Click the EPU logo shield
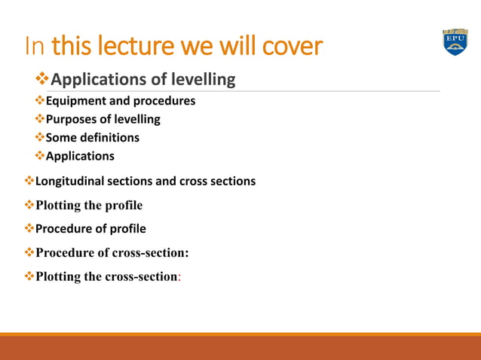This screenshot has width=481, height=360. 455,43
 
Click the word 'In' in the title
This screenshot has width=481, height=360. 35,47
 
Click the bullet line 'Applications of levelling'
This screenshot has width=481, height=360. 143,79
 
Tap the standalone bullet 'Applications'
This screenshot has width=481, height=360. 80,157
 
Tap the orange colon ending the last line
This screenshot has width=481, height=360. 179,276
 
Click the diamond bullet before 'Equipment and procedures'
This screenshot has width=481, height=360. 40,100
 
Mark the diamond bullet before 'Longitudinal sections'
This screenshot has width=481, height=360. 29,182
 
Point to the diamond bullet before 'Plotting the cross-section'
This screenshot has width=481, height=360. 29,276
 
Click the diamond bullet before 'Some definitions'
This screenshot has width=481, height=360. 40,138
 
